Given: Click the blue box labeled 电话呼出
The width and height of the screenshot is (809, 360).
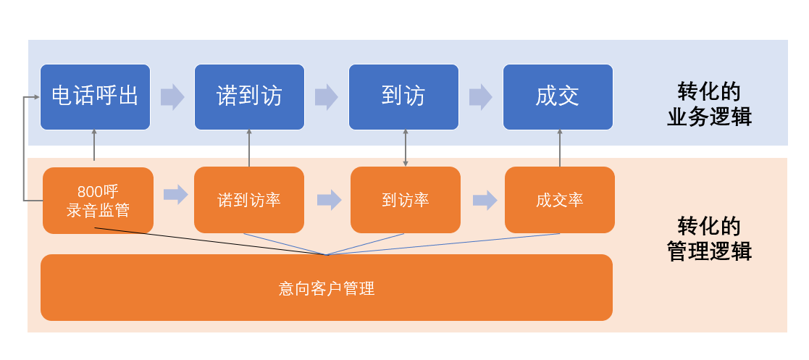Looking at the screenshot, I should pos(95,97).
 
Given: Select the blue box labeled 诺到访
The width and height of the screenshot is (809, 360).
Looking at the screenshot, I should pos(249,97).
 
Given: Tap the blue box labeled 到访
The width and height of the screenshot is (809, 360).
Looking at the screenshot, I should pos(403,97).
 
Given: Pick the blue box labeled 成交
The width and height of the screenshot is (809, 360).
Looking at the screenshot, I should pos(558,97).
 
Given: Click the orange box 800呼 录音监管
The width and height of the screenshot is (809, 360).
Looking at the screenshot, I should pos(98,201).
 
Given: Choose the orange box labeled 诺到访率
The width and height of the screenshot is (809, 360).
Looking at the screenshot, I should pos(249,200).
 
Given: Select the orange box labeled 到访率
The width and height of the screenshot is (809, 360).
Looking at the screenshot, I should pos(406,200).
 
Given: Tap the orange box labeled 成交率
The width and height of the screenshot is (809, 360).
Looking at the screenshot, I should pos(560,200).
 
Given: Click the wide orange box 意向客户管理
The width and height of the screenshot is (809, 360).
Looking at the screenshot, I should pos(327,288).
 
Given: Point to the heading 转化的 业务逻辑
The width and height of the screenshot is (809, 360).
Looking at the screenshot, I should pos(709,104).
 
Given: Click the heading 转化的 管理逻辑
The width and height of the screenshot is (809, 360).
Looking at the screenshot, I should pos(709,239).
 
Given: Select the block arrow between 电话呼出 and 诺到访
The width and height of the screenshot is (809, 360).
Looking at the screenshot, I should pos(172,97).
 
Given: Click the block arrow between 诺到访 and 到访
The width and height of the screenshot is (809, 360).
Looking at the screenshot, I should pos(327,97).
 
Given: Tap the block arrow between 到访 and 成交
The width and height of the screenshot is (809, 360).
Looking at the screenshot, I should pos(481,97).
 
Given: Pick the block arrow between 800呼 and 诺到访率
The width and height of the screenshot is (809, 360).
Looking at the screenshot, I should pos(175,195).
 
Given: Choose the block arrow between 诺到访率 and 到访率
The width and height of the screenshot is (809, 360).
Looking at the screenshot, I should pos(330,200).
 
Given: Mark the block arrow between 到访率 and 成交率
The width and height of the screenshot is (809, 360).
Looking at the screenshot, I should pos(485,200).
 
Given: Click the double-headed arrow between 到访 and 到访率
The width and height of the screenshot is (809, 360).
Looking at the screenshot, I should pos(406,148).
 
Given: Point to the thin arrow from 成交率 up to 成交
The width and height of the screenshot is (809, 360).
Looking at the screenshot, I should pos(560,148).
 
